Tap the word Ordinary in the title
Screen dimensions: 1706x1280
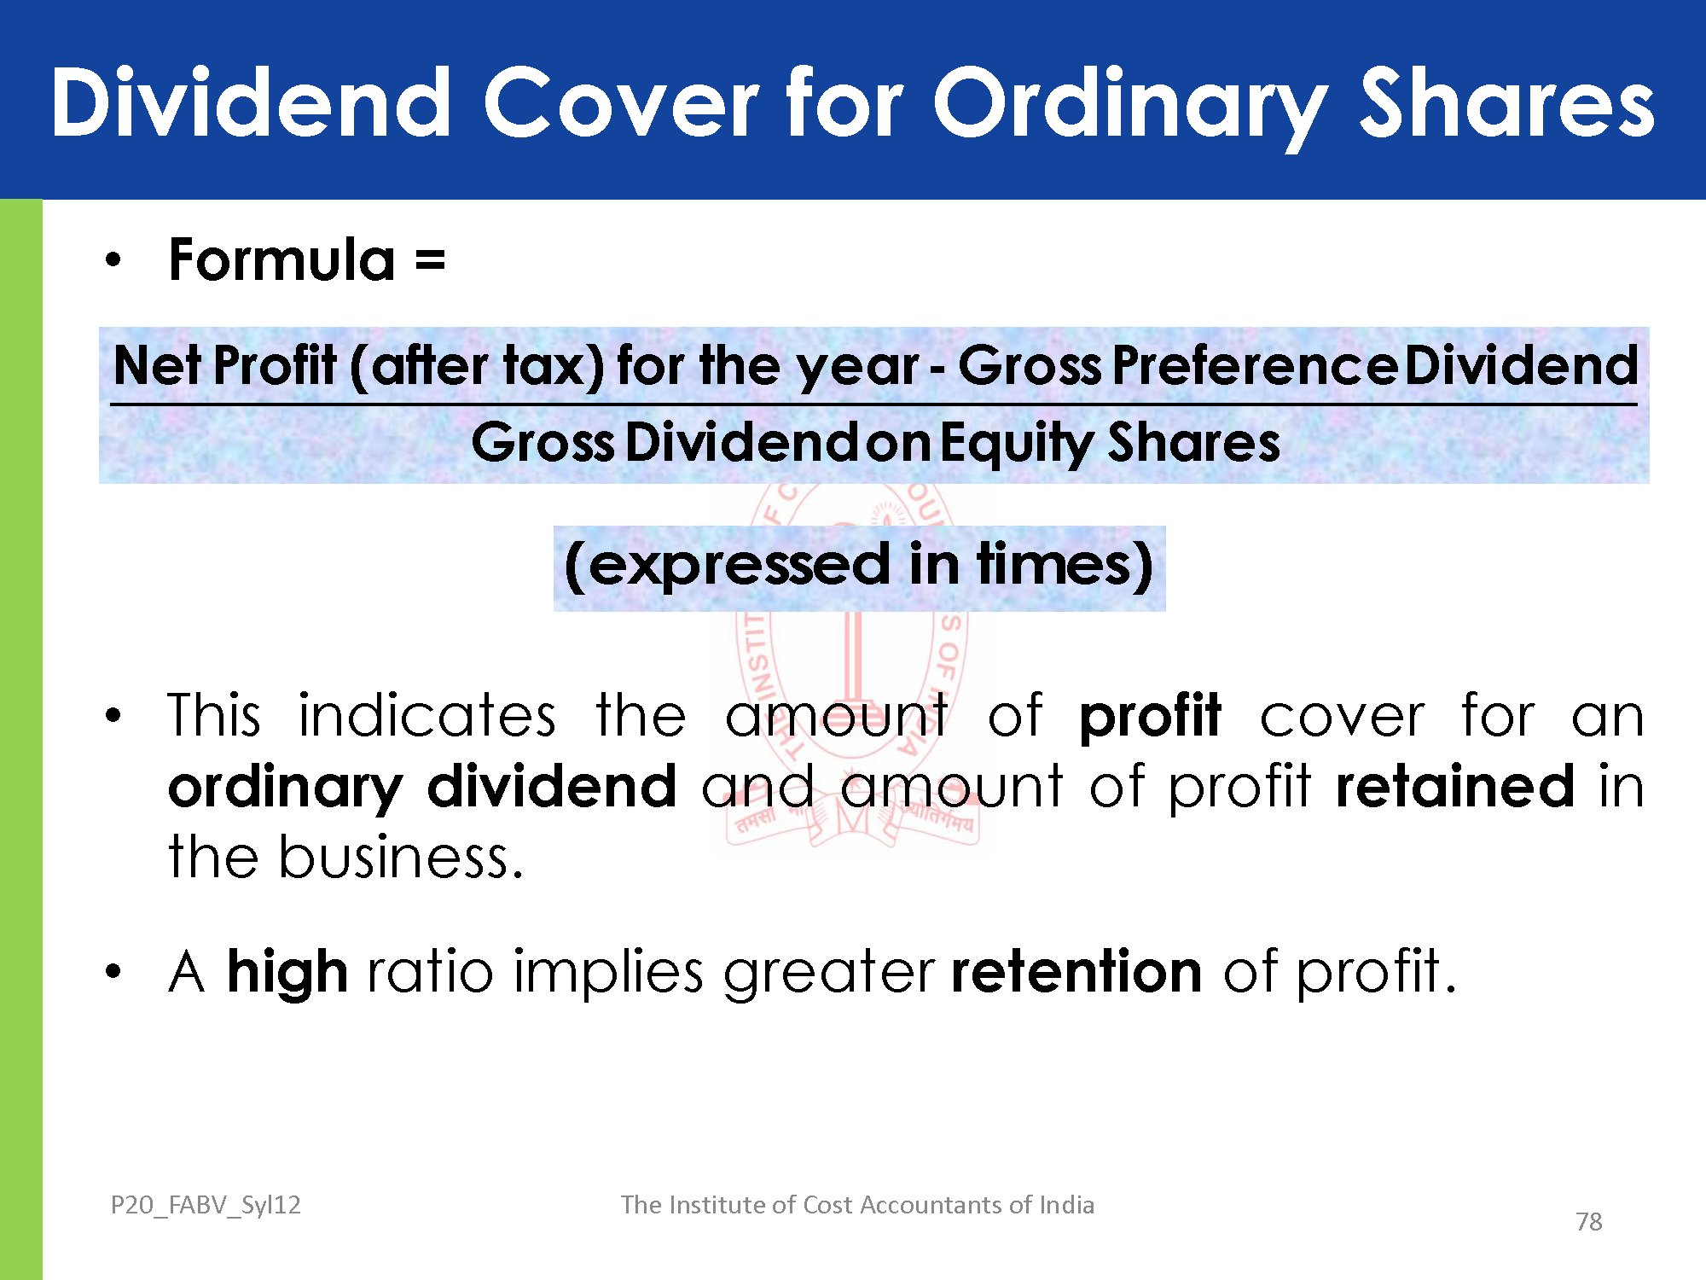[1130, 108]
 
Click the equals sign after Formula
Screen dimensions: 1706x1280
[430, 259]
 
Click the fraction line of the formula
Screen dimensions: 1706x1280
[873, 404]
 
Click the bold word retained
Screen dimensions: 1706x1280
[1455, 786]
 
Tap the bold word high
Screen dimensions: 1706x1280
[287, 974]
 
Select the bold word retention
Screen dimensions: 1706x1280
[1076, 972]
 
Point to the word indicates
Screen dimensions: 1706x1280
[427, 714]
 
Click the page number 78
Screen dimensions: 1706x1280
[1589, 1222]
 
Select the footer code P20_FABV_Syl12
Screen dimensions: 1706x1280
[206, 1205]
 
